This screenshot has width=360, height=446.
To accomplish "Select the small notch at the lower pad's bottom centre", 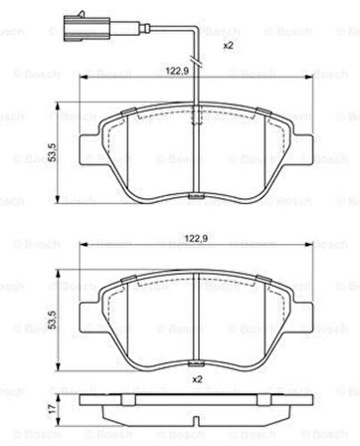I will (x=198, y=359).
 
